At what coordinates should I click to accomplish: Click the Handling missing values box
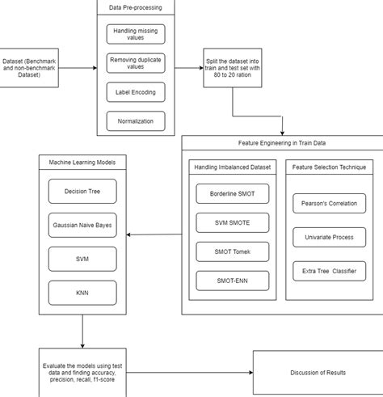(136, 35)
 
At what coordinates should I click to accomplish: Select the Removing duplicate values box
(136, 63)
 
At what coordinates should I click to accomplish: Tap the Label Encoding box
(136, 92)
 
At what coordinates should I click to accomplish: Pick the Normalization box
(136, 120)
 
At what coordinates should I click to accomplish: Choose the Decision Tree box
(82, 192)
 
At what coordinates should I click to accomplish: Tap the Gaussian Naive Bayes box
(82, 226)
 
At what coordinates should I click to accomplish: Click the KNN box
(82, 293)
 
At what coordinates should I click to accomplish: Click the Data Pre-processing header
(136, 8)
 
